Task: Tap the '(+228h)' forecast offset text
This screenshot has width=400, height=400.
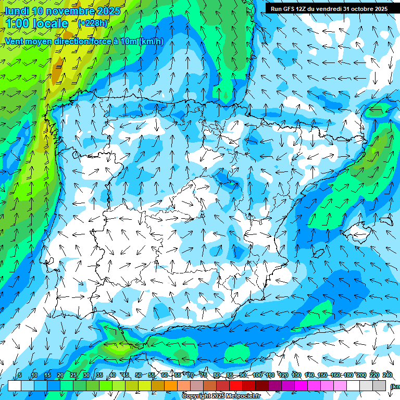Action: coord(93,23)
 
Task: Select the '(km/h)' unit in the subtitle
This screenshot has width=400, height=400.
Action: coord(150,42)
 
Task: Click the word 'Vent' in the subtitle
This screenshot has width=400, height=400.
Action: coord(14,42)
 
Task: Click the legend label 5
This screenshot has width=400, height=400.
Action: coord(20,375)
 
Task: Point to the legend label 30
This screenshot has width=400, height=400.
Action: coord(86,375)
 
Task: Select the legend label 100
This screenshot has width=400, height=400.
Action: coord(257,375)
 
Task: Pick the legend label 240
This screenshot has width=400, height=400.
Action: coord(387,375)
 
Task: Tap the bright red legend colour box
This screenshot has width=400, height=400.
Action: coord(236,385)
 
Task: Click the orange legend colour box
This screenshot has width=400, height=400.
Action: coord(171,385)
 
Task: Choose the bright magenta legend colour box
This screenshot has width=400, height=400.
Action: coord(301,385)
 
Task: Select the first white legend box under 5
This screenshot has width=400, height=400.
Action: coord(15,385)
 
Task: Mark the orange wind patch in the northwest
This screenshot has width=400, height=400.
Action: coord(55,75)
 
